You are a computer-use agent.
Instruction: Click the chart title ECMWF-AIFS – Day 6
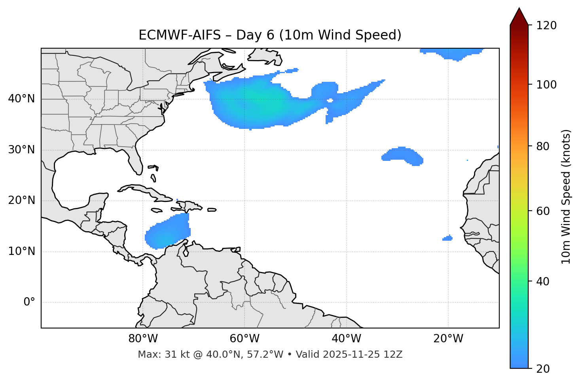click(x=270, y=35)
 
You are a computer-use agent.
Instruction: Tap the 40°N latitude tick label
click(x=21, y=99)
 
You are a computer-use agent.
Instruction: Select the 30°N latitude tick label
click(x=21, y=150)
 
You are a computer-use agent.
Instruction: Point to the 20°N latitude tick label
click(x=21, y=200)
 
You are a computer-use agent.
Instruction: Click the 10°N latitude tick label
click(x=21, y=251)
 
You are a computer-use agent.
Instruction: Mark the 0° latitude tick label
click(x=29, y=302)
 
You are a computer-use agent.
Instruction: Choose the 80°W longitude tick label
click(x=143, y=339)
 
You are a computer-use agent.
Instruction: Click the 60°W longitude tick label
click(x=245, y=339)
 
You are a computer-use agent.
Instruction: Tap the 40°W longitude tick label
click(x=346, y=339)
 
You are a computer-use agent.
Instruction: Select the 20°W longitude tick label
click(x=448, y=339)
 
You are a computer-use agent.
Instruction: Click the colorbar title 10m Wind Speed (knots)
click(x=566, y=196)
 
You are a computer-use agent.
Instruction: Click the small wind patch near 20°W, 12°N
click(x=447, y=238)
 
